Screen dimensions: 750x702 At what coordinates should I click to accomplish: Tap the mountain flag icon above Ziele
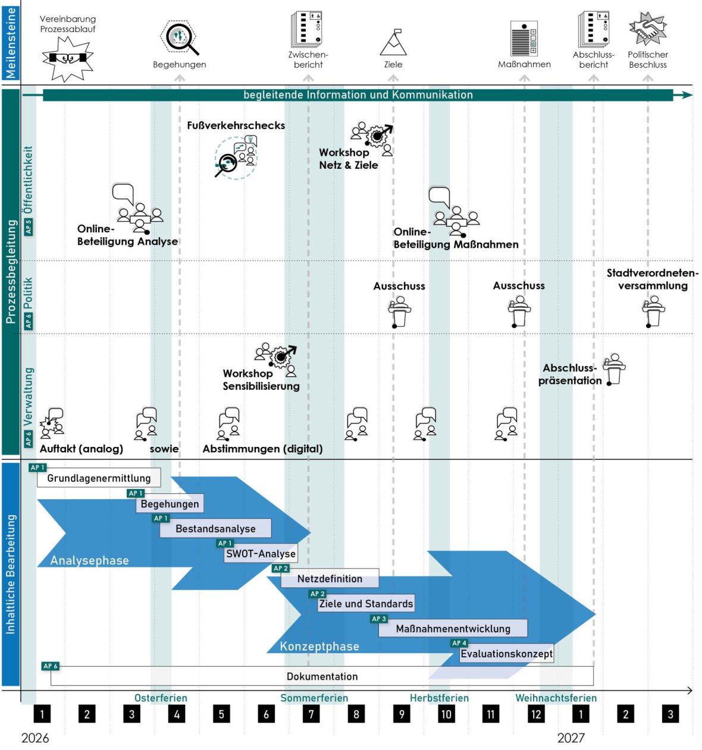tap(393, 43)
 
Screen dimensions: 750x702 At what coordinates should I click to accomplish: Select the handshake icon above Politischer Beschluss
tap(647, 29)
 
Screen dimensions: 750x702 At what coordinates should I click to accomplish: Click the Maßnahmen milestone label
tap(524, 64)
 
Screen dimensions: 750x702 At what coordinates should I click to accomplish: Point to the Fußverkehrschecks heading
tap(236, 125)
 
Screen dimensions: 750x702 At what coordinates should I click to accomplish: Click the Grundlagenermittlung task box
tap(99, 478)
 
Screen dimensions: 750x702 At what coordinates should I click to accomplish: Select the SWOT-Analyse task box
tap(261, 554)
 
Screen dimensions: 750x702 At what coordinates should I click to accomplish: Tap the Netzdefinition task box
tap(330, 578)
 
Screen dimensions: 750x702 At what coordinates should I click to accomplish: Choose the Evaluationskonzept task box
tap(506, 654)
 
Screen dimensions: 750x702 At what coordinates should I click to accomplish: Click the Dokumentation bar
tap(322, 676)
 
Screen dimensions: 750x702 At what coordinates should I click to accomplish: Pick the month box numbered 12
tap(536, 714)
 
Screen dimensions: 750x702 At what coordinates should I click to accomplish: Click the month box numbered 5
tap(221, 714)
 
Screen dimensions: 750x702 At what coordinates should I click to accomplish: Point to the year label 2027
tap(571, 738)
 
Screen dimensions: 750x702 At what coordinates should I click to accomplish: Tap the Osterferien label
tap(161, 698)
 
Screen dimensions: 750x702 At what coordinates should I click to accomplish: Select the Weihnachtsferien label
tap(556, 698)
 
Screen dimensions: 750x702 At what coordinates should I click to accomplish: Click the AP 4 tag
tap(459, 643)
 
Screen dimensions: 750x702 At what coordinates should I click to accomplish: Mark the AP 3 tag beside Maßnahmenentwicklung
tap(379, 619)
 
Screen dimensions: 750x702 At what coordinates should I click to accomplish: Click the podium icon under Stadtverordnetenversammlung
tap(653, 312)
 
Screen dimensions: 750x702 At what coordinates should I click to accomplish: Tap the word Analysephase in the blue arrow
tap(89, 560)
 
